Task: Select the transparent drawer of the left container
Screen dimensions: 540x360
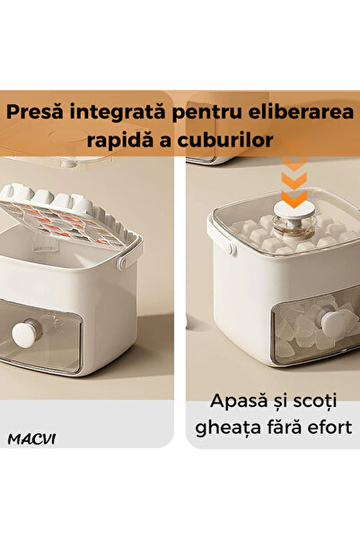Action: tap(54, 337)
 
